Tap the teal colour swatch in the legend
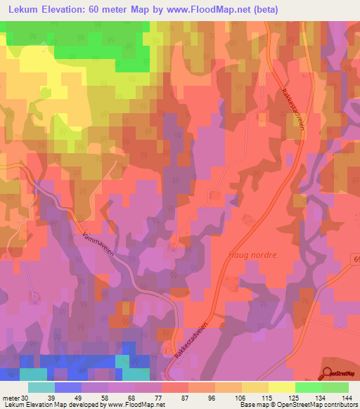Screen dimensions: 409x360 41,387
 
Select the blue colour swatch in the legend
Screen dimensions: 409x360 68,387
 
